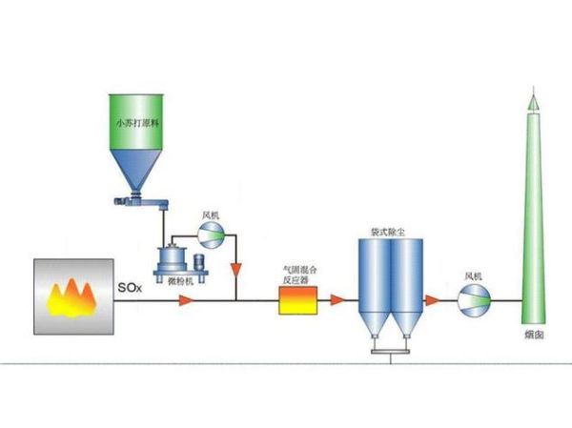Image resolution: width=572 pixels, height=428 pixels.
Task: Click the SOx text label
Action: click(129, 286)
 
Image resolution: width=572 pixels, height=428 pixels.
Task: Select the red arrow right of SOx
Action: click(184, 301)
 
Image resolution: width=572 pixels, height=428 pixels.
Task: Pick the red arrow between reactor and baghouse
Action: click(336, 301)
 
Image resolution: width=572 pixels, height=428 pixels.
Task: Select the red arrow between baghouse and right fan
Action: click(432, 301)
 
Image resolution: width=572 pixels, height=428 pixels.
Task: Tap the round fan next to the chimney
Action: click(473, 301)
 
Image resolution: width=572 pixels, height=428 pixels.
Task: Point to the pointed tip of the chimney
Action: click(532, 94)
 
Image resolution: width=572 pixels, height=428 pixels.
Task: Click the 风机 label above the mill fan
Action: click(211, 216)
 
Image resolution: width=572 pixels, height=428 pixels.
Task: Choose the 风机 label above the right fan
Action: click(473, 276)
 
